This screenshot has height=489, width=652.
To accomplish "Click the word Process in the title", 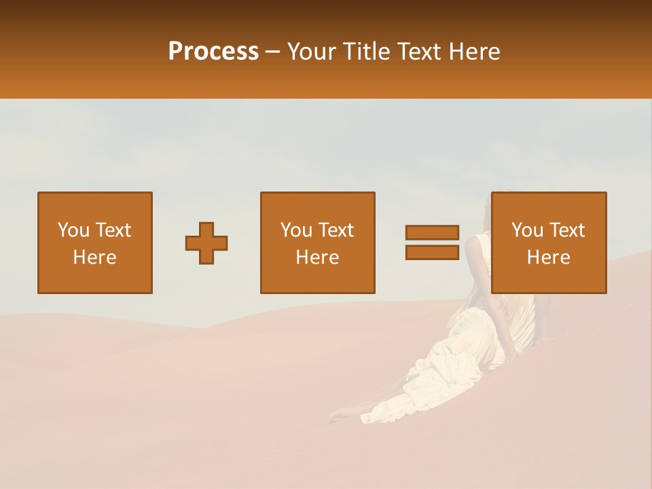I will pyautogui.click(x=213, y=52).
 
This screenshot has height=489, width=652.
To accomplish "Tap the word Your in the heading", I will pyautogui.click(x=312, y=52).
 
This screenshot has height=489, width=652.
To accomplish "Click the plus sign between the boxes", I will pyautogui.click(x=206, y=243).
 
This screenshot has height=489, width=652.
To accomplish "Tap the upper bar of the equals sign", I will pyautogui.click(x=432, y=232).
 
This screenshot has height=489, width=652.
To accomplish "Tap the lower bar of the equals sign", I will pyautogui.click(x=432, y=252).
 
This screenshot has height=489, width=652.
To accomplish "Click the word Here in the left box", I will pyautogui.click(x=94, y=257).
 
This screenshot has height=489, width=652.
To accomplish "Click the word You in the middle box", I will pyautogui.click(x=296, y=230).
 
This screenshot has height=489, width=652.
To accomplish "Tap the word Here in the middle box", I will pyautogui.click(x=317, y=257).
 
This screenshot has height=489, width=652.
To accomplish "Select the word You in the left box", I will pyautogui.click(x=73, y=230).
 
